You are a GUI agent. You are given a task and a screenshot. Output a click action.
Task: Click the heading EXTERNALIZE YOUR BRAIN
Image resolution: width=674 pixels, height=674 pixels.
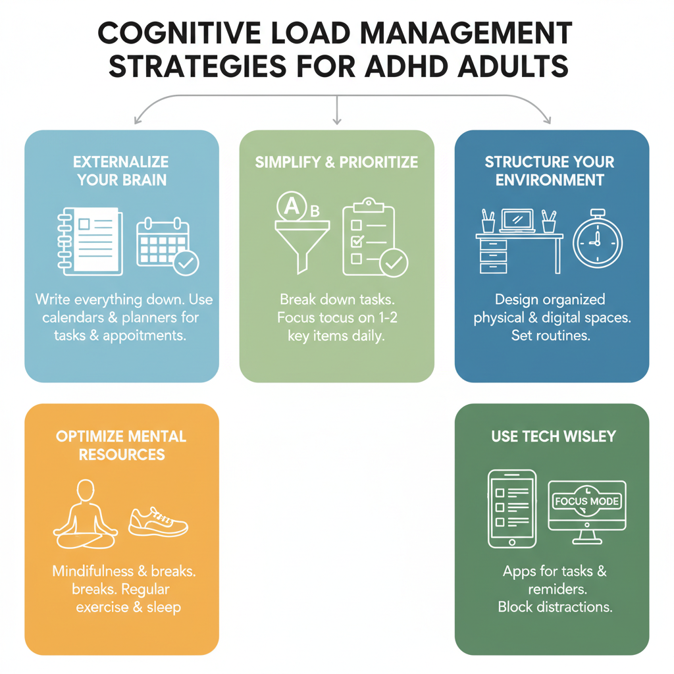point(122,170)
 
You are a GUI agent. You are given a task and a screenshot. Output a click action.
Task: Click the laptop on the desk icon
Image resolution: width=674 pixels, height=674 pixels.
point(518,220)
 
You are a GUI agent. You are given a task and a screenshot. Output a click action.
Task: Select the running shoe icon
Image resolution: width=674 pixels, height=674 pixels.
point(158,521)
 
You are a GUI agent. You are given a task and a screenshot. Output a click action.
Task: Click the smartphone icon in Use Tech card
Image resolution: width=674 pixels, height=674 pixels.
point(511,509)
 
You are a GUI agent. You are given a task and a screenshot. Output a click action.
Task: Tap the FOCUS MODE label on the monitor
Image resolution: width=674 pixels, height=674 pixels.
point(586,501)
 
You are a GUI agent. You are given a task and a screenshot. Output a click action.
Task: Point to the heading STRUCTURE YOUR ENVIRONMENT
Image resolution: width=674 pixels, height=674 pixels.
point(550,170)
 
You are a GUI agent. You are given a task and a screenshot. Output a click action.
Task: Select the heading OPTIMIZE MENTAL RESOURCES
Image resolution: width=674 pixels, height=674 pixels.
point(121,445)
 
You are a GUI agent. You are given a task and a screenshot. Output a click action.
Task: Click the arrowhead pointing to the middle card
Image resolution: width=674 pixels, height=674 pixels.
point(336,120)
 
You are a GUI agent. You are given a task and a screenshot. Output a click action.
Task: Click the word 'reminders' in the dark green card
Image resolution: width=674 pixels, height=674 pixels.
point(554,588)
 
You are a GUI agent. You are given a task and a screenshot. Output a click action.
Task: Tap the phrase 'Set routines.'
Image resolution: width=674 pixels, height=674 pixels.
point(551,336)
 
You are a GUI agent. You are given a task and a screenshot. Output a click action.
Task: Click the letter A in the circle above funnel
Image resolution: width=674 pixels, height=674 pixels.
point(290,205)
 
